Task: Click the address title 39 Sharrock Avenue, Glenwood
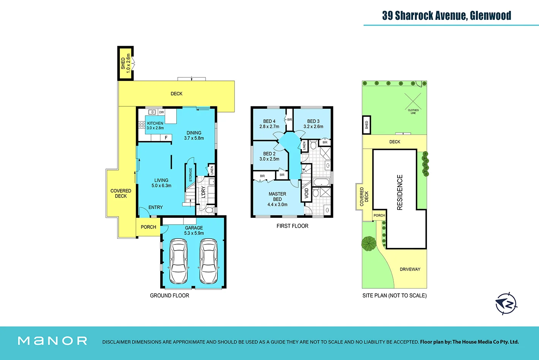447,16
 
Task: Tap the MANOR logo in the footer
53,341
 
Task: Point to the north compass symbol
506,304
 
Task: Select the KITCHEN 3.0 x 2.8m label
155,125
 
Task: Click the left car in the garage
179,261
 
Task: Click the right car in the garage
209,261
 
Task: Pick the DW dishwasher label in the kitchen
161,112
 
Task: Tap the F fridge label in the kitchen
166,138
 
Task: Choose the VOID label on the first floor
307,193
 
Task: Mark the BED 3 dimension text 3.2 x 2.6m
313,127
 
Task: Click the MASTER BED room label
277,196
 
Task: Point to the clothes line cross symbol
413,101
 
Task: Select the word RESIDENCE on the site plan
400,192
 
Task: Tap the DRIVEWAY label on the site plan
410,269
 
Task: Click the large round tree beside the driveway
368,244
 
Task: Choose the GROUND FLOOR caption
169,296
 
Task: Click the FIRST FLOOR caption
292,226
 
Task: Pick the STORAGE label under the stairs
191,175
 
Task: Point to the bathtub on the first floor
322,182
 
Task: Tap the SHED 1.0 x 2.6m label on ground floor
125,63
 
